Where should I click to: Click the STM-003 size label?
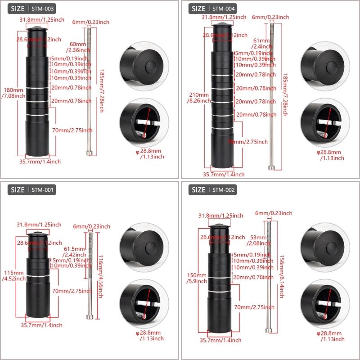tap(32, 9)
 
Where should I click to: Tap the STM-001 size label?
tap(32, 190)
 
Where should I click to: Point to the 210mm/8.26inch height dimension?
tap(198, 98)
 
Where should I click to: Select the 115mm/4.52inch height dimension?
tap(11, 275)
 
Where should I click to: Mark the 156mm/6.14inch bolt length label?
tap(280, 274)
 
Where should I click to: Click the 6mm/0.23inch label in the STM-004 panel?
tap(270, 17)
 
